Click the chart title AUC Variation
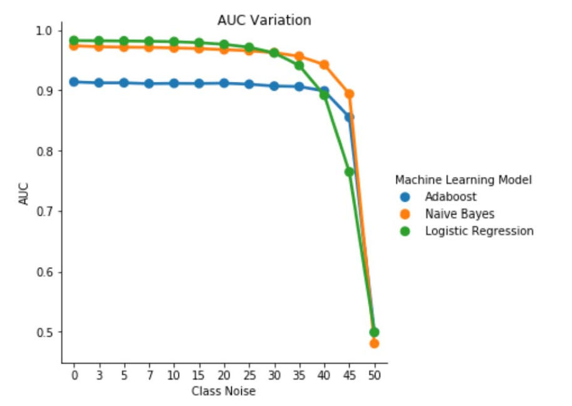coord(264,20)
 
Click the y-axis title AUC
coord(24,194)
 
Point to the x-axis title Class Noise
coord(224,391)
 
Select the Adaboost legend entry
coord(450,197)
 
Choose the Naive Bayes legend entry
coord(459,214)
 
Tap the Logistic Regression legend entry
coord(479,231)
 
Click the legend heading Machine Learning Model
coord(463,180)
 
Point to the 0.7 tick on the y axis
coord(47,211)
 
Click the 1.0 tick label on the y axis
coord(47,31)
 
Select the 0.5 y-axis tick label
coord(47,332)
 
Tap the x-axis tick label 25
coord(249,375)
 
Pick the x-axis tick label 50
coord(375,375)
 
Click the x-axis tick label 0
coord(74,375)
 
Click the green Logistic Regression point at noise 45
coord(349,171)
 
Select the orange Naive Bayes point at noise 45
coord(350,94)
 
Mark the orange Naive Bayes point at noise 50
coord(375,343)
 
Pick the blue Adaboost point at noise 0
coord(74,82)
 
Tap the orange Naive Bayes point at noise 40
coord(325,64)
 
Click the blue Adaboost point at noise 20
coord(224,83)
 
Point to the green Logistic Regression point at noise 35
coord(299,65)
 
